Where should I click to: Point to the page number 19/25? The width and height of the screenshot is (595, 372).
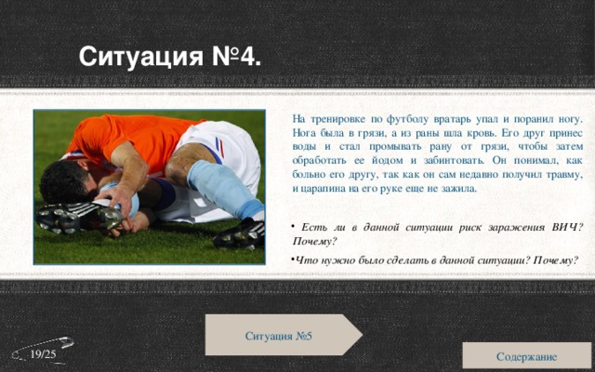pos(42,356)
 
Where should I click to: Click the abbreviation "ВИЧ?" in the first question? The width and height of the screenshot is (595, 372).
pos(566,228)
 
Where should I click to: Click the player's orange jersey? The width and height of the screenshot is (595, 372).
pos(121,136)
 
